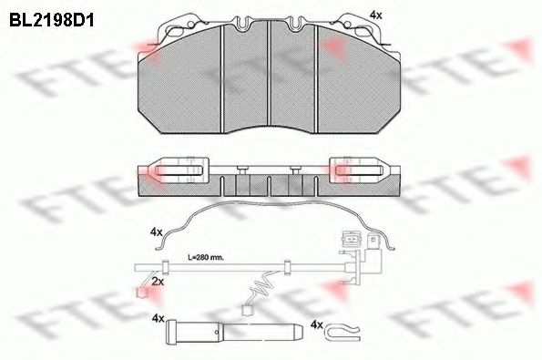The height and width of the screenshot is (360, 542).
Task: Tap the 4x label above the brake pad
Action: [376, 15]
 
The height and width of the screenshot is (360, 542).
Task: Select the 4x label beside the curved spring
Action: [157, 232]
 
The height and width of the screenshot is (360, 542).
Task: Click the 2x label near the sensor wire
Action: [158, 283]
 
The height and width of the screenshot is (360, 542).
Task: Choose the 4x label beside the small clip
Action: [317, 324]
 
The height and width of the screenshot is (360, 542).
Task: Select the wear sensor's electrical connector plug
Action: [350, 241]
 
